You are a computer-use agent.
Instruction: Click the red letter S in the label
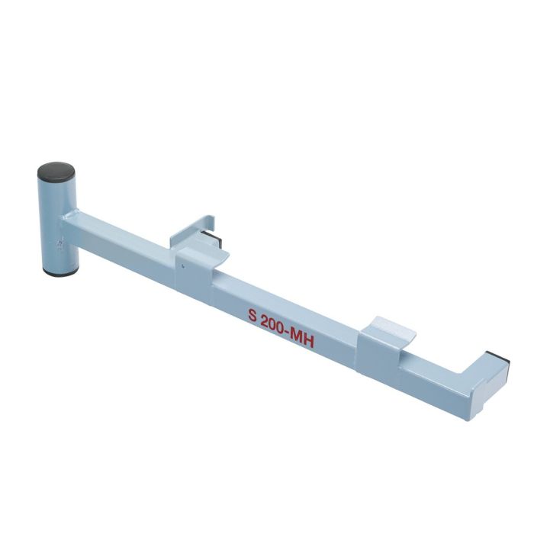(x=252, y=314)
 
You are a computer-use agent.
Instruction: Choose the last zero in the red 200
(x=284, y=329)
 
